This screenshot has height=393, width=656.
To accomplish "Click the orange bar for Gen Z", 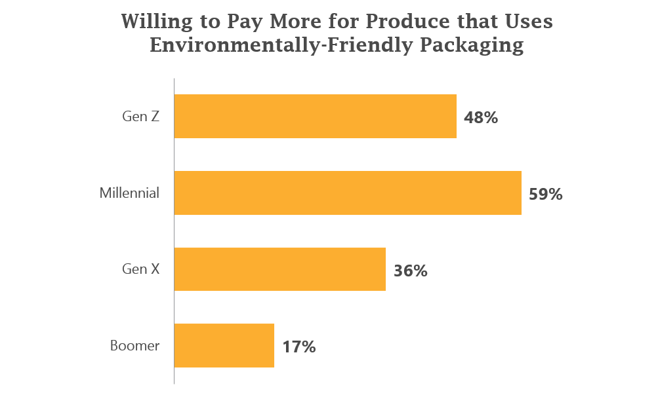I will (315, 116).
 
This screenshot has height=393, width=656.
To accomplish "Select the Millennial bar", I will (348, 193).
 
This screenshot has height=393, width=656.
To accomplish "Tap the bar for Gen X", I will (279, 269).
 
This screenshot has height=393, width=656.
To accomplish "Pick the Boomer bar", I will (224, 345).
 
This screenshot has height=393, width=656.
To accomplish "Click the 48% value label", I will (481, 118).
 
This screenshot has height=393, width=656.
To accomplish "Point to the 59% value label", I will (546, 195).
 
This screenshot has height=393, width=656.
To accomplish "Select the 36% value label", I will (411, 271).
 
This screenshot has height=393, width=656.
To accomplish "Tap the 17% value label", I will (299, 347).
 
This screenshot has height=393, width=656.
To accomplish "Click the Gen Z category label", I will (140, 117).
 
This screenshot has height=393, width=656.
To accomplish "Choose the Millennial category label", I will (129, 193).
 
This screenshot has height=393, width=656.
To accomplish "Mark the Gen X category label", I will (140, 269).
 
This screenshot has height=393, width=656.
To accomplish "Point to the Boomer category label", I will (134, 346).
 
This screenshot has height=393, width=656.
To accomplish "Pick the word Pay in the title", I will (244, 22).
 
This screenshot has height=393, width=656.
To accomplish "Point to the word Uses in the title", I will (527, 22).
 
